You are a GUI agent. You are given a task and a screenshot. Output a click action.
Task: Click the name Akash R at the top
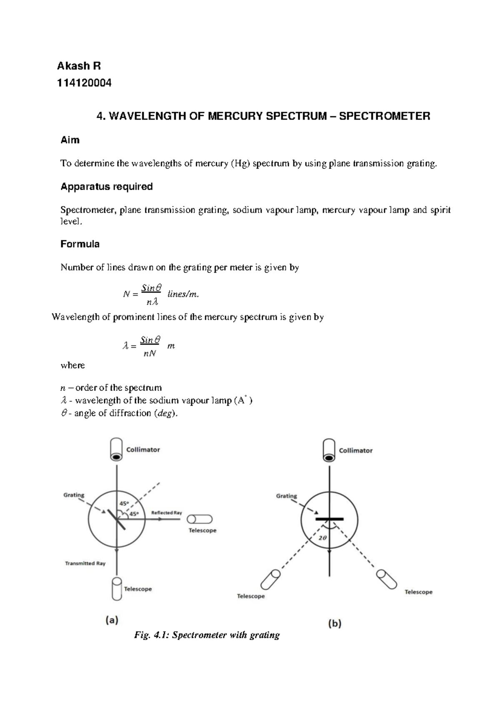(79, 66)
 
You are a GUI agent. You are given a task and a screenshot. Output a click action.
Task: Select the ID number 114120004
(84, 83)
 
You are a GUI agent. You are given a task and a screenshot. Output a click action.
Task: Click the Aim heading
(70, 140)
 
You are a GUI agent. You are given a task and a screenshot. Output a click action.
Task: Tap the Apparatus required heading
(107, 186)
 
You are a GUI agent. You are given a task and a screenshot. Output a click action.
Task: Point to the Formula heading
(80, 244)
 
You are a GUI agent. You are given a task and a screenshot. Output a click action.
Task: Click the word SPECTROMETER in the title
(385, 116)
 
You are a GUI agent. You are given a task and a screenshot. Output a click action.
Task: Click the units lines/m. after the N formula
(183, 294)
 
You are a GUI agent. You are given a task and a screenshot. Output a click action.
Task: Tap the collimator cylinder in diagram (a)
(116, 450)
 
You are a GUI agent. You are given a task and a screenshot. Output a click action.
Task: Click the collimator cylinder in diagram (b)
(329, 451)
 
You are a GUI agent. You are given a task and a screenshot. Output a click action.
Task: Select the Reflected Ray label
(166, 513)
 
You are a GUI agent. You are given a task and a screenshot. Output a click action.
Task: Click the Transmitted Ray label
(85, 563)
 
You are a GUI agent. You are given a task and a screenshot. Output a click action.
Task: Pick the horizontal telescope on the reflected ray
(200, 519)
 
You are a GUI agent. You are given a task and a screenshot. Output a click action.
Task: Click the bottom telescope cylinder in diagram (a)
(117, 589)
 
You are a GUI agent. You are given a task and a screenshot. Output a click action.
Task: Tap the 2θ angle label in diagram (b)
(322, 538)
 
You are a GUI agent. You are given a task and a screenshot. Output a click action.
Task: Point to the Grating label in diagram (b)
(286, 496)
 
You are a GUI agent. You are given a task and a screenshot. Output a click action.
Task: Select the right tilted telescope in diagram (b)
(387, 579)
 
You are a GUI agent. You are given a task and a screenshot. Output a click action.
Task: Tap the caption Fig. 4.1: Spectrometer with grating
(207, 635)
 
